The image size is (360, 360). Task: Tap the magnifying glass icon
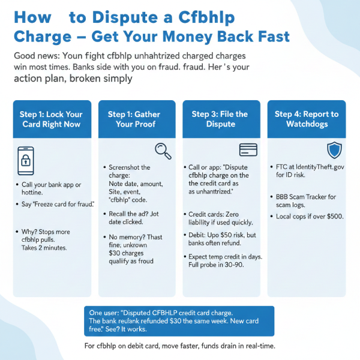point(163,150)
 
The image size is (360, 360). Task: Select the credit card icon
point(248,149)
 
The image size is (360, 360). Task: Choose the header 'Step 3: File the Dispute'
point(220,119)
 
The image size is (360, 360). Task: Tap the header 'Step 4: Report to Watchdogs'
point(306,119)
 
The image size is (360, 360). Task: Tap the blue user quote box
point(179,321)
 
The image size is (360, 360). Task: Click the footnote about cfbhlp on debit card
point(180,346)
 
